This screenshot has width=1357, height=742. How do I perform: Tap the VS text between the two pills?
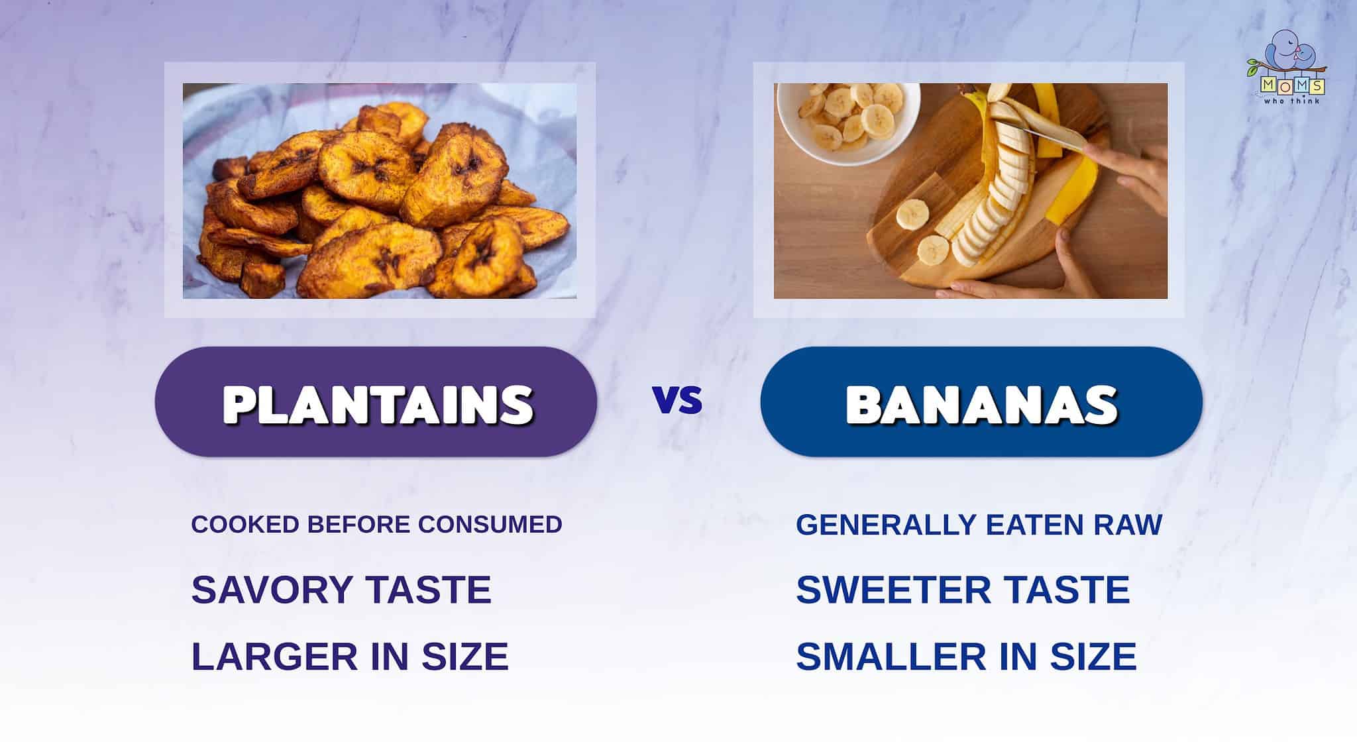(677, 401)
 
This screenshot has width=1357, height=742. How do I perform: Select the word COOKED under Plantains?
(245, 525)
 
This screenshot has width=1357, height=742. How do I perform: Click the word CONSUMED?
(490, 525)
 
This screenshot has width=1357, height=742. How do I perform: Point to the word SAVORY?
(272, 590)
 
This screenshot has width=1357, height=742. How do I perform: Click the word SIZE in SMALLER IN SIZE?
(1093, 657)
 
